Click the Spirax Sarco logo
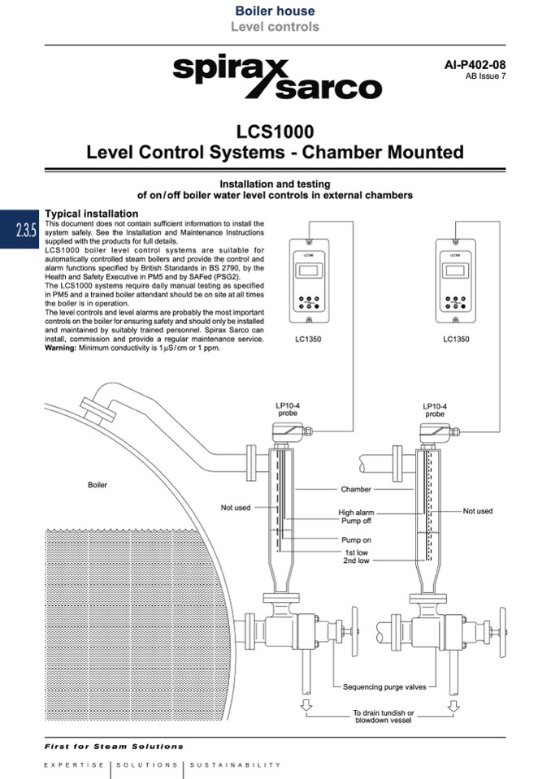click(276, 78)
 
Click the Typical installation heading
click(91, 214)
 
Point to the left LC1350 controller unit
click(308, 281)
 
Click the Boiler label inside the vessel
click(98, 485)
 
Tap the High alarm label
click(356, 513)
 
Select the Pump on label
click(356, 540)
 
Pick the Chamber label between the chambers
click(356, 490)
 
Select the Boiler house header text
click(275, 11)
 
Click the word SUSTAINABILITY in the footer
click(236, 764)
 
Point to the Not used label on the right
click(478, 511)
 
